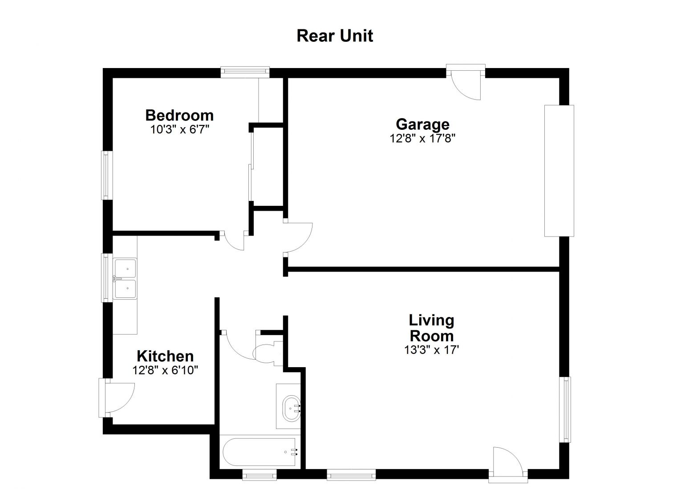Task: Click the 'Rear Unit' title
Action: [x=335, y=36]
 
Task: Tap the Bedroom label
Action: [x=179, y=115]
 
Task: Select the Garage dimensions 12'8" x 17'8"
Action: [x=422, y=138]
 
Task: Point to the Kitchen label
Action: [x=165, y=356]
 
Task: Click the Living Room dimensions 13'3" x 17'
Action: [x=431, y=350]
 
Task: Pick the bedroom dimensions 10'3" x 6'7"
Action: [x=179, y=129]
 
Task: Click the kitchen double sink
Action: [x=126, y=279]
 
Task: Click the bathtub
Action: [x=259, y=452]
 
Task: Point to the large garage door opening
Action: [x=559, y=171]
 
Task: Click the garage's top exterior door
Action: [x=466, y=82]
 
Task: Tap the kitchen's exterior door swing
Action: [x=117, y=397]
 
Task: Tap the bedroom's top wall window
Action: [x=245, y=72]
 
